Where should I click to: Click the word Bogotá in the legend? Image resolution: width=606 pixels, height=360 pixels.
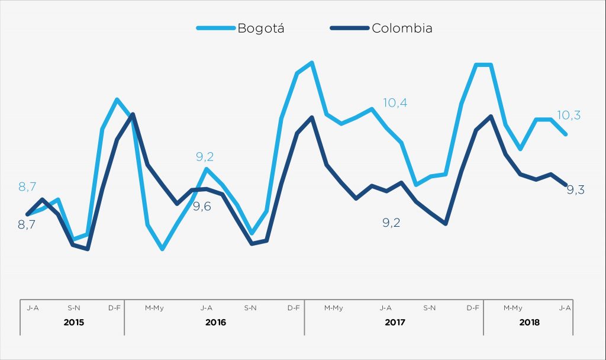pos(260,28)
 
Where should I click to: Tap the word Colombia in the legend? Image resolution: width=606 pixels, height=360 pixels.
pos(402,28)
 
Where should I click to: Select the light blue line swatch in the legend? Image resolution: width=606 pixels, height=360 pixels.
pos(214,28)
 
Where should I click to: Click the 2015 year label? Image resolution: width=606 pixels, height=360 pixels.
pos(73,323)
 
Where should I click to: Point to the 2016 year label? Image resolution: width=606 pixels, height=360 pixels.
pos(215,323)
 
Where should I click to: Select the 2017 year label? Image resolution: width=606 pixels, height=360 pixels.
pos(394,323)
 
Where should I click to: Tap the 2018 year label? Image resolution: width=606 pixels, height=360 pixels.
pos(529,323)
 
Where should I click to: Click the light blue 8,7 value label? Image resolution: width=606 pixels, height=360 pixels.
pos(27,187)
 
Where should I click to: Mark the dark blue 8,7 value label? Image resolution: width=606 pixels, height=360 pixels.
pos(27,224)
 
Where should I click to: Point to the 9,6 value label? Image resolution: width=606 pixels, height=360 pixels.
pos(202,207)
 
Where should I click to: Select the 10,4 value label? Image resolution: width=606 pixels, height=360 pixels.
pos(395,103)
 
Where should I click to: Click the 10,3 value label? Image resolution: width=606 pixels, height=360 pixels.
pos(569,115)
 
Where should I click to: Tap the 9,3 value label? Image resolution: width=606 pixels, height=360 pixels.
pos(576,189)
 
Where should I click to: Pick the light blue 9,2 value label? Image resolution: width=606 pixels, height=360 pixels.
pos(205,157)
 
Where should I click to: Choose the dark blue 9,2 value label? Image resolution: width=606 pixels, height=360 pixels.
pos(391,223)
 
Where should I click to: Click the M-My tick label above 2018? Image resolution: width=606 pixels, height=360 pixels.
pos(513,308)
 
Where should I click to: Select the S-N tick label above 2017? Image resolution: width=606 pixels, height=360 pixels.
pos(430,308)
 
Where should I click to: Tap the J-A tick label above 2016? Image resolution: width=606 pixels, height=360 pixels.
pos(207,308)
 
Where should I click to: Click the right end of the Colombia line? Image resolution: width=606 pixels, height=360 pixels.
pos(566,185)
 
